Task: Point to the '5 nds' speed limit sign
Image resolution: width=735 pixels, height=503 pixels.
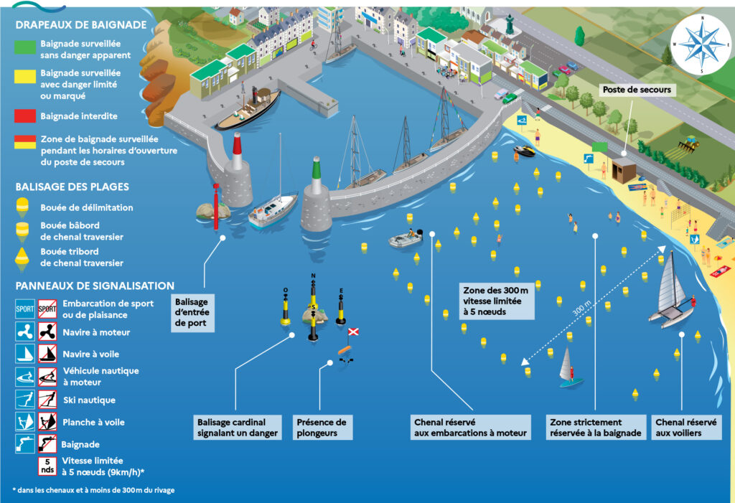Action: pyautogui.click(x=47, y=466)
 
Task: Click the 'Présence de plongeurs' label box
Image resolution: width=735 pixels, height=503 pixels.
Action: pyautogui.click(x=322, y=428)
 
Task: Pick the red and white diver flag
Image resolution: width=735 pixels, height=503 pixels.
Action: pyautogui.click(x=353, y=332)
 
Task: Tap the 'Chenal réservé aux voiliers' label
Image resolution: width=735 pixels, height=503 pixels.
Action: pyautogui.click(x=685, y=428)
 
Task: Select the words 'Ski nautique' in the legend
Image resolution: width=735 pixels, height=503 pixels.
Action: pyautogui.click(x=88, y=400)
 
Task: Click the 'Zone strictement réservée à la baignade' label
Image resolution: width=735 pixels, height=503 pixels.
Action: pyautogui.click(x=595, y=428)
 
